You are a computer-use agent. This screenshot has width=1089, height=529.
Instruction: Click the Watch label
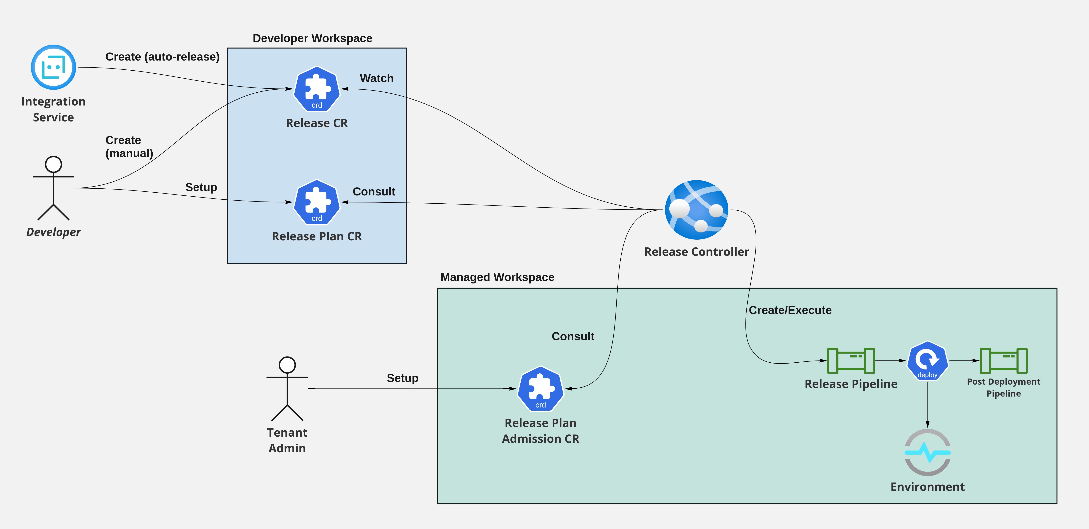pos(376,79)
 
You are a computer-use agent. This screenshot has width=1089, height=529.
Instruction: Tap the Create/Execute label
pos(790,310)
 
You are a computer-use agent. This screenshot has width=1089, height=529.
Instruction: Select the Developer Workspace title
pos(312,39)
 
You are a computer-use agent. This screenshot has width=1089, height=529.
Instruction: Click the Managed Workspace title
pos(497,277)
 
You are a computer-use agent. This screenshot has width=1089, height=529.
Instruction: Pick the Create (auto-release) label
pos(162,57)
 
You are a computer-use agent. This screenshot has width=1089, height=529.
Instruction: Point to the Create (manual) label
pos(129,147)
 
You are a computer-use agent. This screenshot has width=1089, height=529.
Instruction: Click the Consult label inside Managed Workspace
pos(573,336)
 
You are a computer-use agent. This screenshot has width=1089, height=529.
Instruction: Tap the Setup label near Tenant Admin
pos(403,378)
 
